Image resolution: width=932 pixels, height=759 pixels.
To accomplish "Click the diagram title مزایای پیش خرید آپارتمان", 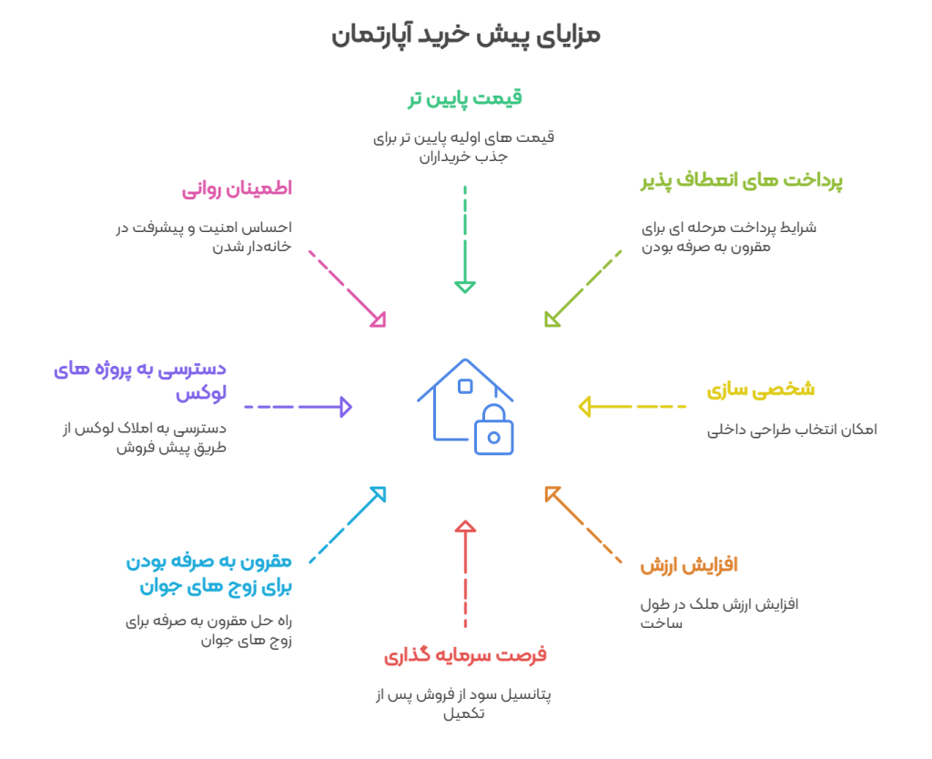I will pyautogui.click(x=465, y=35).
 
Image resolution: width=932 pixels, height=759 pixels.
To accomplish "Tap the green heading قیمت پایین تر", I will pyautogui.click(x=464, y=98).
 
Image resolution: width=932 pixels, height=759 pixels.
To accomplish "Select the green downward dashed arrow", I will pyautogui.click(x=465, y=240).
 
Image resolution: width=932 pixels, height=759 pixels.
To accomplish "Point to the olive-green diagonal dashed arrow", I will pyautogui.click(x=582, y=288).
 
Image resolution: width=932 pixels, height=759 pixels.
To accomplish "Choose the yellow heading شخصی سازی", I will pyautogui.click(x=760, y=390).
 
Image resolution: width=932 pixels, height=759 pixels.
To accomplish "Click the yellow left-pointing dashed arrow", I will pyautogui.click(x=632, y=406).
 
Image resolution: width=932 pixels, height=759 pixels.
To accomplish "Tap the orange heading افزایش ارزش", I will pyautogui.click(x=688, y=565).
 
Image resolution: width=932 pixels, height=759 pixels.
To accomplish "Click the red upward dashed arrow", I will pyautogui.click(x=465, y=573).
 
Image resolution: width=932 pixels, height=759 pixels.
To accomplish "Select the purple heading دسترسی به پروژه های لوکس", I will pyautogui.click(x=140, y=381).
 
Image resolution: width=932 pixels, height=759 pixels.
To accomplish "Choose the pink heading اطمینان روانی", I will pyautogui.click(x=237, y=189).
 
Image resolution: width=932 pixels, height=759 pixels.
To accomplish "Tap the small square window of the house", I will pyautogui.click(x=465, y=386).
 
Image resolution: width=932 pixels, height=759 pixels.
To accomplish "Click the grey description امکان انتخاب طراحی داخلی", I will pyautogui.click(x=792, y=430).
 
